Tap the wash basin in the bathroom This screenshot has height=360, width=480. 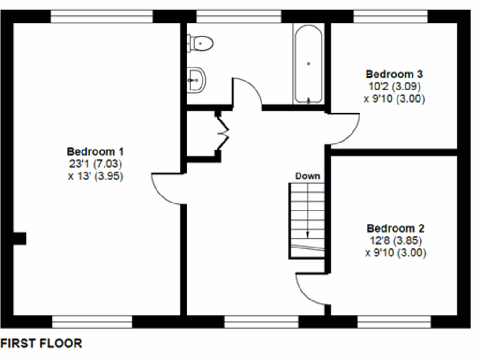(x=196, y=80)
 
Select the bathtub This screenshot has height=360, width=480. (x=308, y=64)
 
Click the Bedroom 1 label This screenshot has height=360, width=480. (x=95, y=152)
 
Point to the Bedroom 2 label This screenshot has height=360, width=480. (x=395, y=228)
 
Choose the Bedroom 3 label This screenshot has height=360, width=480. (x=394, y=74)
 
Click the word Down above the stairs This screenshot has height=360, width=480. (x=307, y=176)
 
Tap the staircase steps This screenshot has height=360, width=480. (x=307, y=216)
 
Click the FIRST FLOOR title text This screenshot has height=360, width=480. (x=41, y=344)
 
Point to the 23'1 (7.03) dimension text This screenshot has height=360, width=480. (x=95, y=164)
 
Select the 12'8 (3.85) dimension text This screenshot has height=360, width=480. (x=395, y=240)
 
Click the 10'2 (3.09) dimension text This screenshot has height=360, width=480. (x=394, y=86)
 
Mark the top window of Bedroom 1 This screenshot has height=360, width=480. (x=102, y=16)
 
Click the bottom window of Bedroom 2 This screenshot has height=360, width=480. (x=394, y=322)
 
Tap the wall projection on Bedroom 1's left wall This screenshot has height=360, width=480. (x=19, y=238)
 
